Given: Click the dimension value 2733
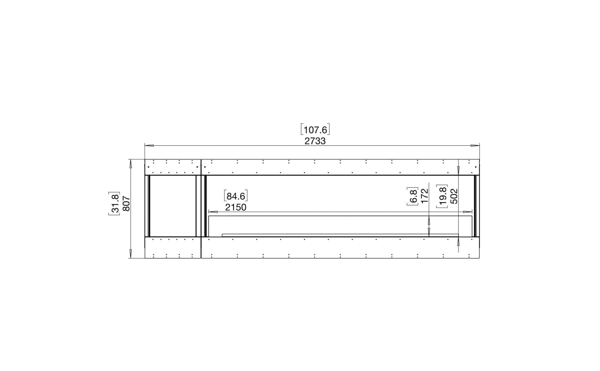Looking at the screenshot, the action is pos(315,141).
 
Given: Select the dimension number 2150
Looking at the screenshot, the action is pos(236,207).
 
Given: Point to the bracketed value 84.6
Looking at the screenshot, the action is pos(236,196).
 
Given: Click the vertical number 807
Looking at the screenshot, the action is pos(126,203).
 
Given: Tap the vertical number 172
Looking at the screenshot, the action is pos(424,196).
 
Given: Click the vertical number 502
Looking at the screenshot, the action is pos(454,196).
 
